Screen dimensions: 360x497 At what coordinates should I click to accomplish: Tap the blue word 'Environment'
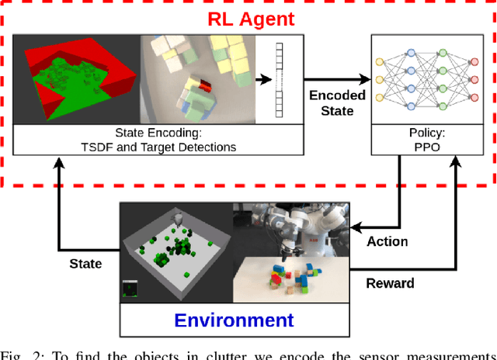tap(234, 320)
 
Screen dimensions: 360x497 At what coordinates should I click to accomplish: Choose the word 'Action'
tap(388, 242)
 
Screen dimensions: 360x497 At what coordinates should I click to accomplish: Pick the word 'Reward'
tap(390, 283)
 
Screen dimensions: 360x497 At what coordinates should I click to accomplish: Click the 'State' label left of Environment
tap(85, 264)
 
